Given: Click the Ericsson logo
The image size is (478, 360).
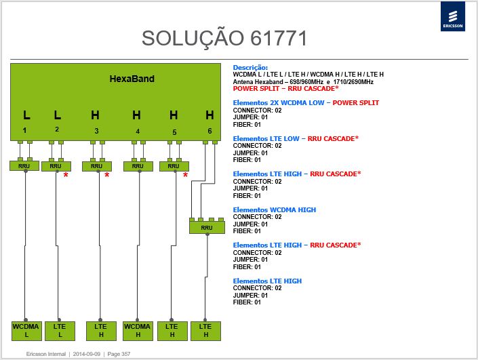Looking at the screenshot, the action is coord(453,16).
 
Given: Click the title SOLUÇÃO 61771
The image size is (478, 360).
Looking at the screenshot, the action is coord(224,39).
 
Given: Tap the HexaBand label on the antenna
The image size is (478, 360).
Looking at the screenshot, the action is coord(132,79).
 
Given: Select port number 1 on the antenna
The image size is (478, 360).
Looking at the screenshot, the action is coord(24,130).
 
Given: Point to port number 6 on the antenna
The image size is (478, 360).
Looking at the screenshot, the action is coord(210,131).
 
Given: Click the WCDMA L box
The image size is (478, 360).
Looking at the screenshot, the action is coord(26,331).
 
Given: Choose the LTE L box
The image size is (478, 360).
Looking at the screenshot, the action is coord(60,331).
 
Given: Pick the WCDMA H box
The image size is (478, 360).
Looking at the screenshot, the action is coord(138,331).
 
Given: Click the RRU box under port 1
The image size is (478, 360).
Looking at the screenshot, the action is coord(24,166).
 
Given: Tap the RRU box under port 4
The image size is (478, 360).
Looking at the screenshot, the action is coord(138,166).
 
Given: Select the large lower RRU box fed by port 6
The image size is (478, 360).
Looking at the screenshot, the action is coord(207,227).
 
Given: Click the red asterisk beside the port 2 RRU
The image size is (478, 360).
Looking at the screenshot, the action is coord(66,176).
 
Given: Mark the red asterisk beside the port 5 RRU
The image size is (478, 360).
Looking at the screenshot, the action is coord(185,176).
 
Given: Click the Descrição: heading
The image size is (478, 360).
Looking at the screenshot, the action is coord(250,68).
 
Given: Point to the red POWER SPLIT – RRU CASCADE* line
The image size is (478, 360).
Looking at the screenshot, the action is coord(285,89).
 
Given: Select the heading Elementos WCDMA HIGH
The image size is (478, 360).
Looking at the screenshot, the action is coord(275,209).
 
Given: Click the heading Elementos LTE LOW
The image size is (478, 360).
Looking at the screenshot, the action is coord(266,139).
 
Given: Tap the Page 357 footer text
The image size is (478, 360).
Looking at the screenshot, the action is coord(119,354).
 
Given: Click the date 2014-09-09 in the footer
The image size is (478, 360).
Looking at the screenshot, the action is coord(87,354).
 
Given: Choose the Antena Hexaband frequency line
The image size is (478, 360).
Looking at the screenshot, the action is coord(303,81).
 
